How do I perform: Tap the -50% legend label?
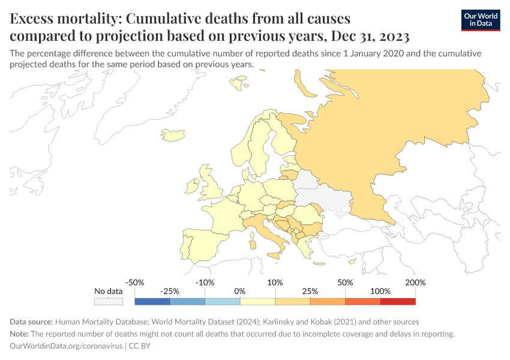[x=135, y=282]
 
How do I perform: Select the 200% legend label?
[x=415, y=282]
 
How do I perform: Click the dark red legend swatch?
[x=398, y=301]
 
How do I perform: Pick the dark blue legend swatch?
[x=152, y=301]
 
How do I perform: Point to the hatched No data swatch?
[x=109, y=301]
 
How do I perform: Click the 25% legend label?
[x=310, y=291]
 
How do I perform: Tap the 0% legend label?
[x=240, y=291]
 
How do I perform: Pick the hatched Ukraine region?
[x=326, y=198]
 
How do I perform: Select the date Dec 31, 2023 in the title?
[x=367, y=35]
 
